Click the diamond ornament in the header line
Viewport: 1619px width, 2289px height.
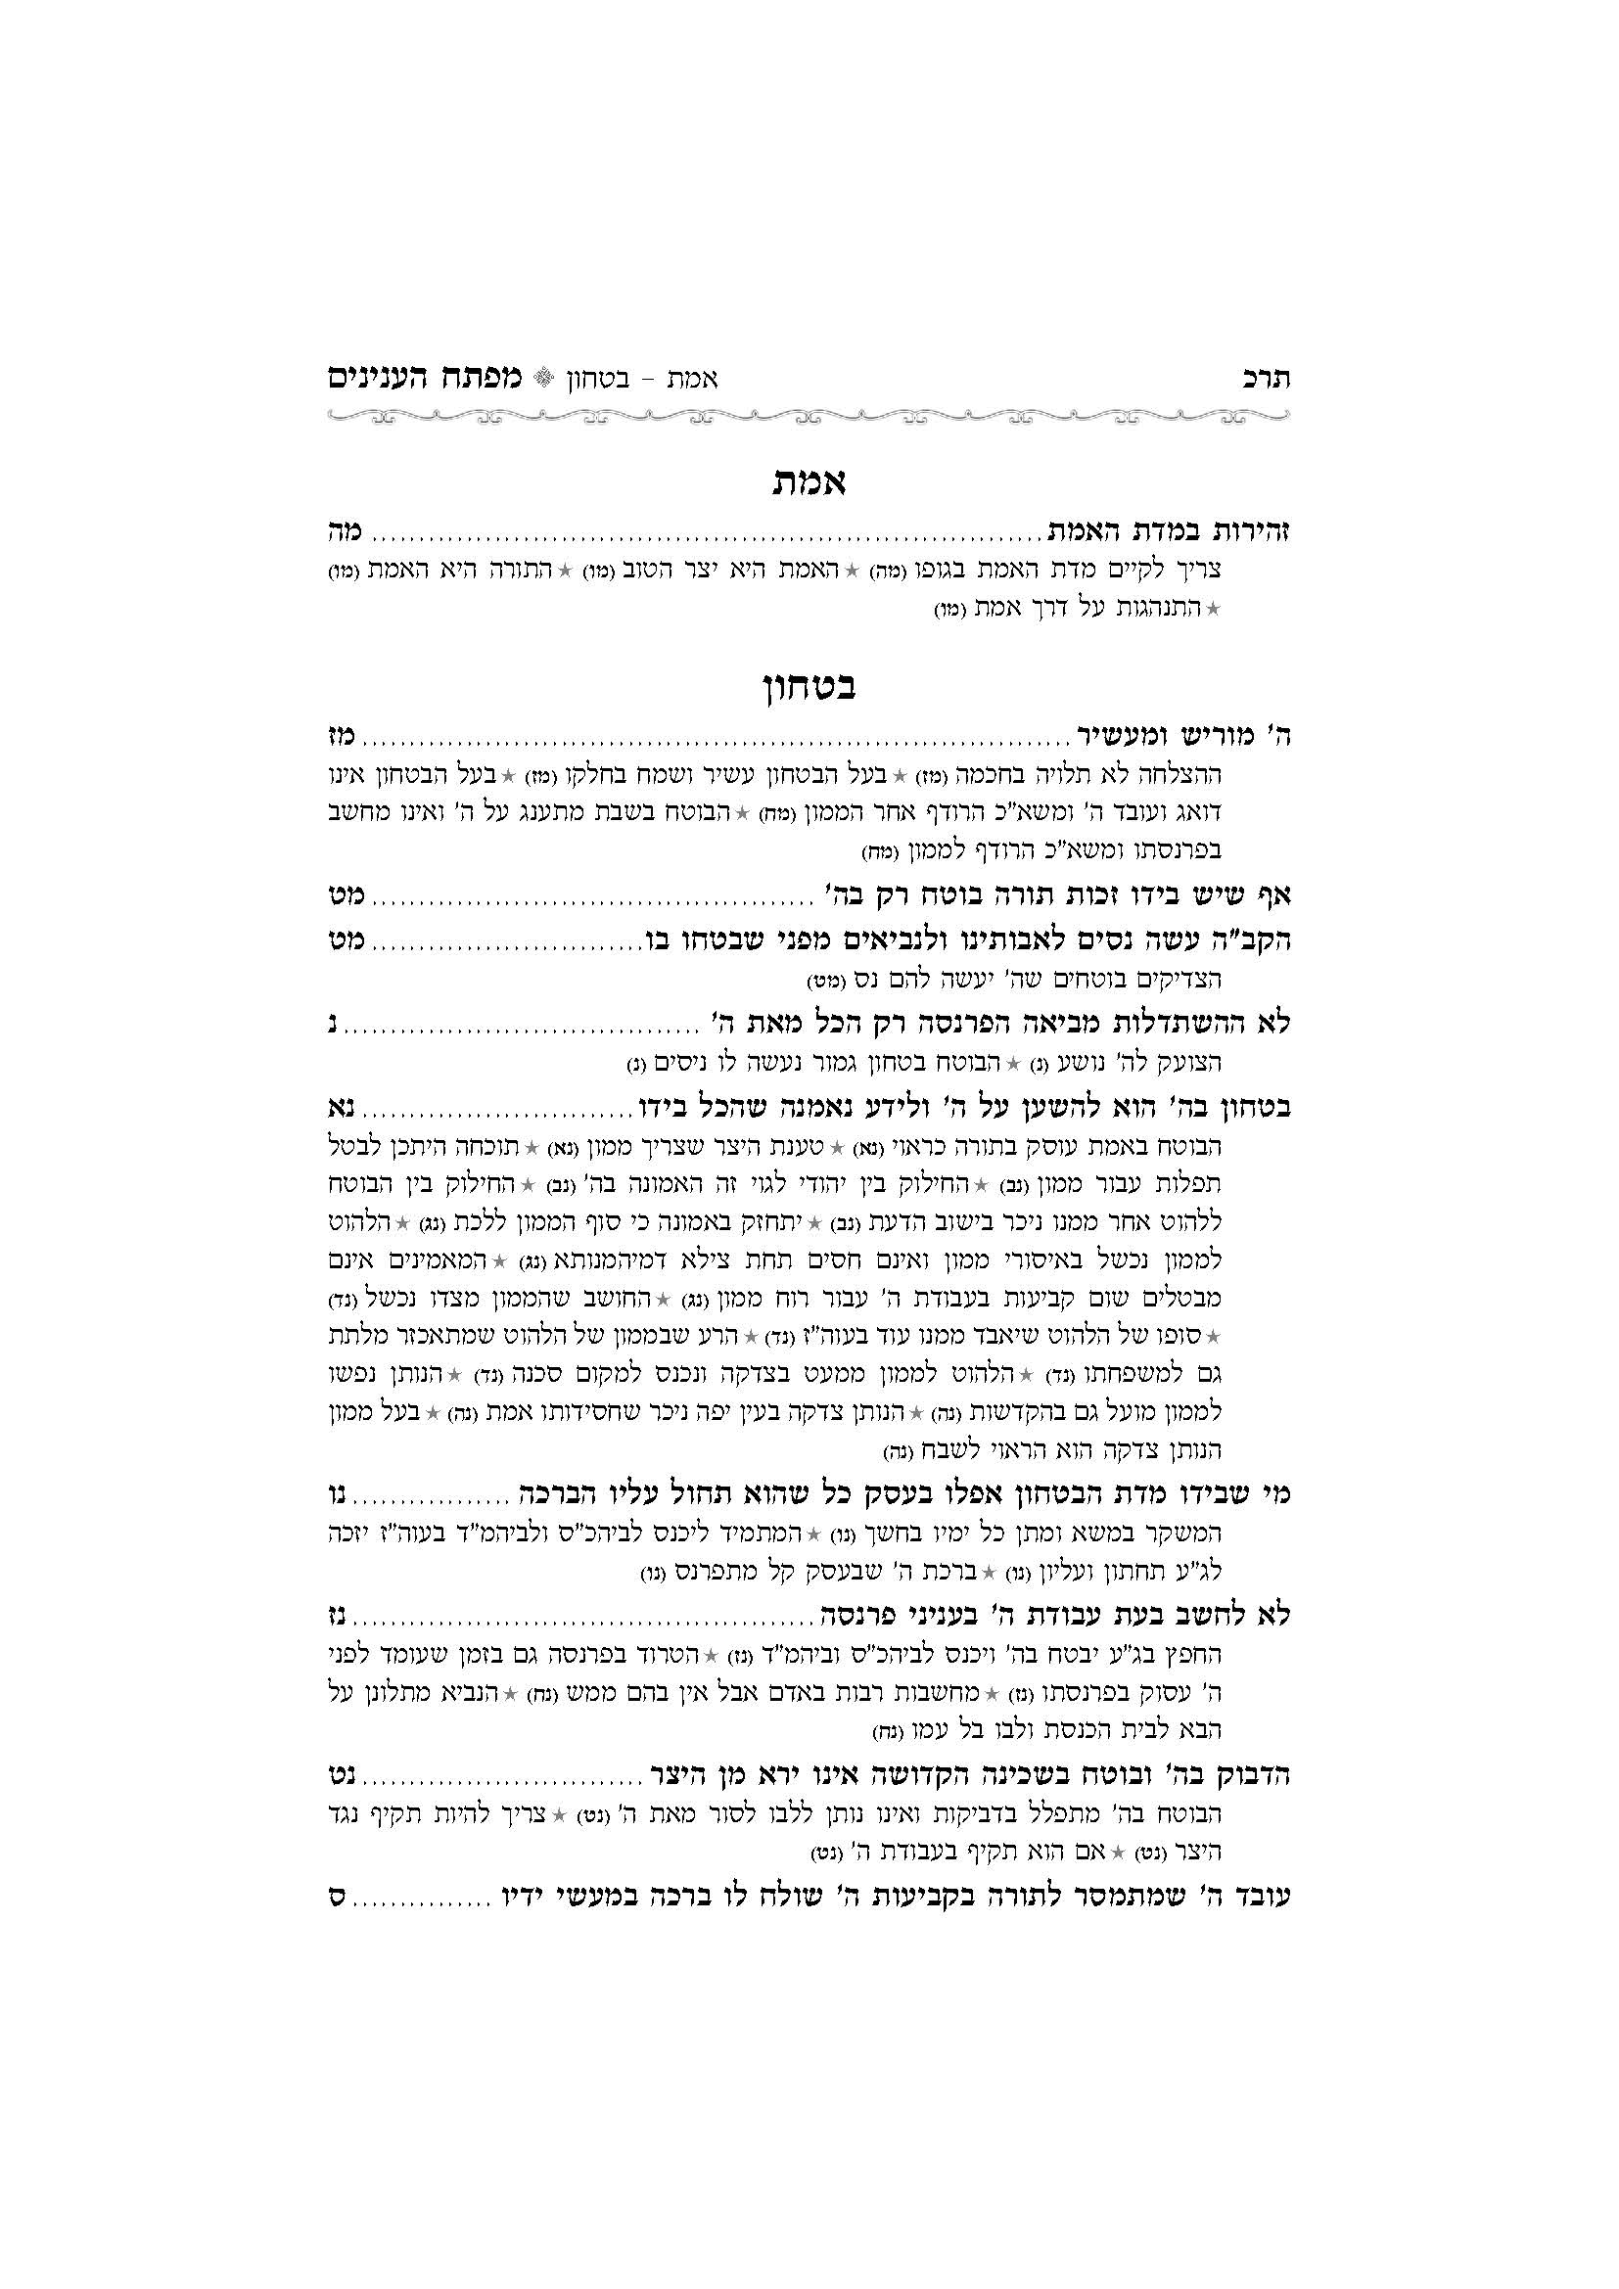tap(543, 380)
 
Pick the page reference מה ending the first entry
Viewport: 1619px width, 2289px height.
tap(344, 531)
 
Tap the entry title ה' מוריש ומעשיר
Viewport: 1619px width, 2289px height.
tap(1183, 737)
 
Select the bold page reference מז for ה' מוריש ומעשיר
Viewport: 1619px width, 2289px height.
tap(344, 737)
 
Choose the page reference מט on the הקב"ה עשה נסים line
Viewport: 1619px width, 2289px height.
tap(344, 941)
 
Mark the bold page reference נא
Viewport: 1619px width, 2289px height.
tap(344, 1108)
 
